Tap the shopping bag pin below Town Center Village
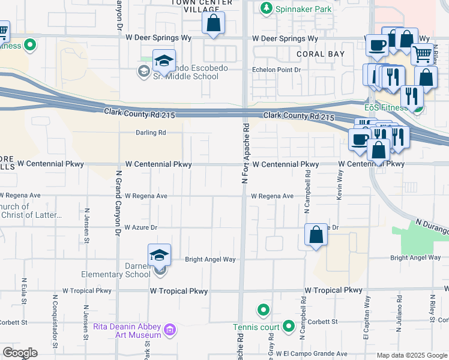[213, 24]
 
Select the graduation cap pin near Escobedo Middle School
[164, 61]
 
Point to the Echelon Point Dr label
[276, 70]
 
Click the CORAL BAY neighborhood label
[321, 54]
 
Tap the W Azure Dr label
[140, 228]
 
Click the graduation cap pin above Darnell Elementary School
[160, 255]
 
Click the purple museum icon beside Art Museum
[170, 329]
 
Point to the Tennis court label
[256, 327]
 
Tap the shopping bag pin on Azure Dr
[316, 235]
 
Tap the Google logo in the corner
[19, 353]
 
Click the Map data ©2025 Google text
[411, 355]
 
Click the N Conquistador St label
[55, 321]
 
